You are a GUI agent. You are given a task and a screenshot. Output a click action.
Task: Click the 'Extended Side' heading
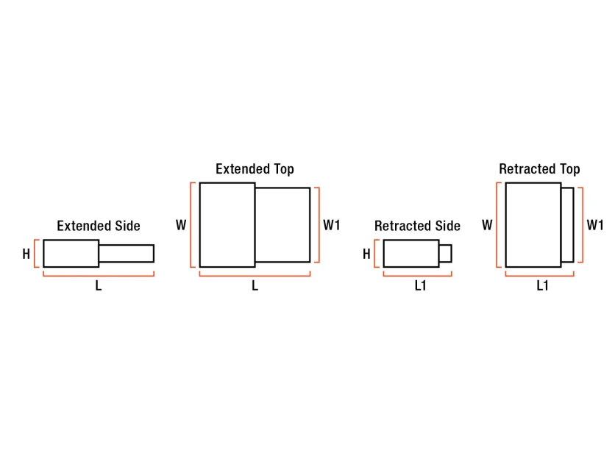(x=99, y=226)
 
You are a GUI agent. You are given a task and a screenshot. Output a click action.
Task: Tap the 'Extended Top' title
(x=255, y=169)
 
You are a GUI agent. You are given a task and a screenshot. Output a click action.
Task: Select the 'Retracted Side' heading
(x=417, y=226)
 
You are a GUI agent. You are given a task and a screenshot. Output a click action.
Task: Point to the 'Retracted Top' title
(x=539, y=169)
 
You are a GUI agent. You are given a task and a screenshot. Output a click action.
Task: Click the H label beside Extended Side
(x=26, y=254)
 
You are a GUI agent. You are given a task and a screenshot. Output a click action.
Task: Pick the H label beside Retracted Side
(x=366, y=254)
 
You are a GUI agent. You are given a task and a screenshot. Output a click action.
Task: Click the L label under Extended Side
(x=99, y=286)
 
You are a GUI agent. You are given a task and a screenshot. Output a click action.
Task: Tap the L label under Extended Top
(x=255, y=286)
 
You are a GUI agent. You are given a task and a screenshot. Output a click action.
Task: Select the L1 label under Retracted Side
(x=421, y=286)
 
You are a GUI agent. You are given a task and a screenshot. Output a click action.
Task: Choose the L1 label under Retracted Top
(x=542, y=286)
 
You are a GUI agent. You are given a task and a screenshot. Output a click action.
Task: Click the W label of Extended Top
(x=181, y=225)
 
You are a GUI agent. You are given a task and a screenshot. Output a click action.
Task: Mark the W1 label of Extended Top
(x=332, y=225)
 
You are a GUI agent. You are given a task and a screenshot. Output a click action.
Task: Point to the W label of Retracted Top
(x=487, y=225)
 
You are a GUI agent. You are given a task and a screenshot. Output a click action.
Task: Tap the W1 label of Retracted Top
(x=595, y=225)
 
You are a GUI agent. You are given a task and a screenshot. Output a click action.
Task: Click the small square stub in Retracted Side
(x=446, y=253)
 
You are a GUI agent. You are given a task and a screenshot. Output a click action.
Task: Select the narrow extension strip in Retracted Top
(x=567, y=225)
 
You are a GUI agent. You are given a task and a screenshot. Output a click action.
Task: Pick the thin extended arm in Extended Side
(x=127, y=253)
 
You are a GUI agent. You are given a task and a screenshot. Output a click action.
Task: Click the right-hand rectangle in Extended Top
(x=282, y=225)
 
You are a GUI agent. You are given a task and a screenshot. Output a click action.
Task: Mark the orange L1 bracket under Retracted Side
(x=418, y=276)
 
